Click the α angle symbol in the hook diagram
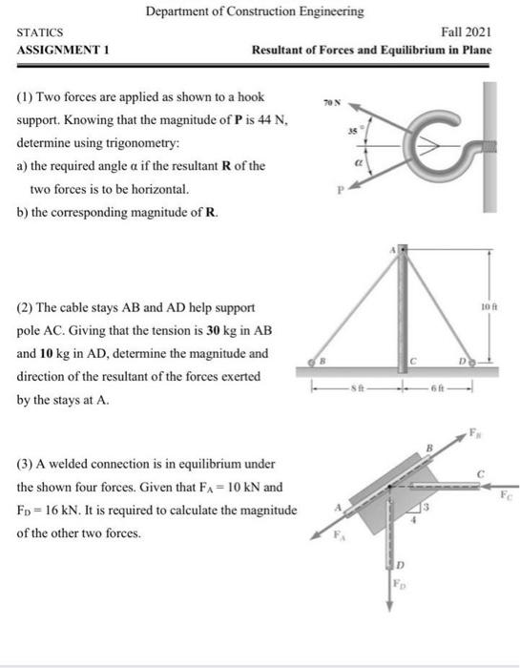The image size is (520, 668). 359,163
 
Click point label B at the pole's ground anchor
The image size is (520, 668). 321,361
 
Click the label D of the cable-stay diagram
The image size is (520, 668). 464,361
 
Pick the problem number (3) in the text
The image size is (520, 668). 26,464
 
